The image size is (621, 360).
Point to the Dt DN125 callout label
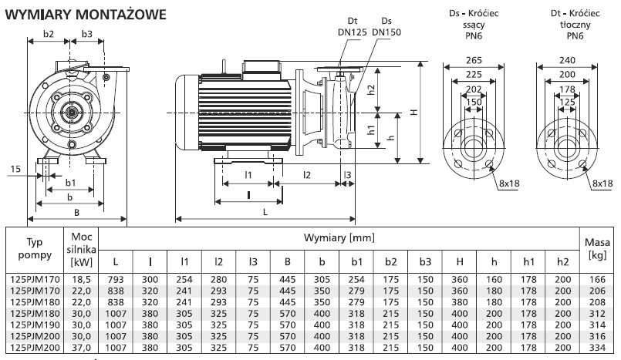(x=353, y=27)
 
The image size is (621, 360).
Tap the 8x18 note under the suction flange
(x=510, y=183)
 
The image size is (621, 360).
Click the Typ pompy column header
(x=34, y=248)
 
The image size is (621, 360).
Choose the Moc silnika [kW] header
(x=83, y=247)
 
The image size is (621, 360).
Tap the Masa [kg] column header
(x=597, y=247)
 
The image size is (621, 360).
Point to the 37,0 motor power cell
(x=83, y=348)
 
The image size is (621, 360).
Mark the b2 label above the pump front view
(x=49, y=33)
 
